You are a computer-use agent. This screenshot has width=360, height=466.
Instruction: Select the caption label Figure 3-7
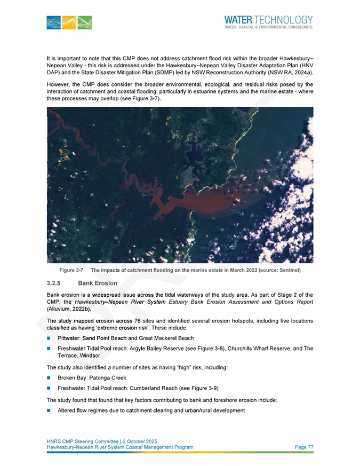pos(70,270)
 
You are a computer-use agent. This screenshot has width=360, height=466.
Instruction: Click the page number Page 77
pos(303,447)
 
